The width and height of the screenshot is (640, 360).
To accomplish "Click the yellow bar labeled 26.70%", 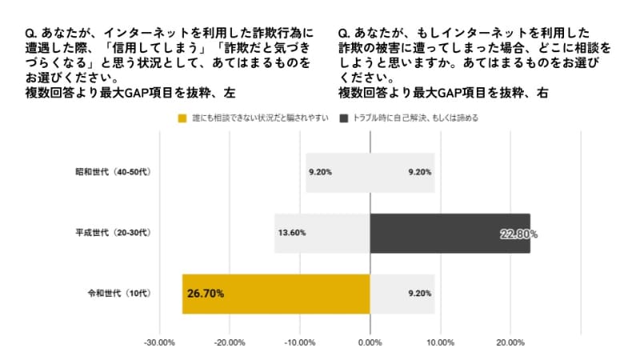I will tap(276, 294).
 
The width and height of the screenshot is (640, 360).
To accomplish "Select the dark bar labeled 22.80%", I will tap(450, 234).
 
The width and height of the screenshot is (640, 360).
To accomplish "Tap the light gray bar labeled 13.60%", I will tap(322, 234).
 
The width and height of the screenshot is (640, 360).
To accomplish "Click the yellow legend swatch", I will tap(182, 119).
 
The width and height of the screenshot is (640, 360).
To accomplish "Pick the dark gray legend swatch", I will tap(343, 119).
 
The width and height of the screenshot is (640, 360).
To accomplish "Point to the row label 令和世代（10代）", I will tap(119, 293).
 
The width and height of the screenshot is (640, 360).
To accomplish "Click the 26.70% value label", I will tap(206, 294).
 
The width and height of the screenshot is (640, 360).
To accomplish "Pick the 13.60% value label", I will tap(291, 234).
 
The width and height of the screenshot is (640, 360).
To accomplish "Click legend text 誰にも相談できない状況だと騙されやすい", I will tap(260, 119).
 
